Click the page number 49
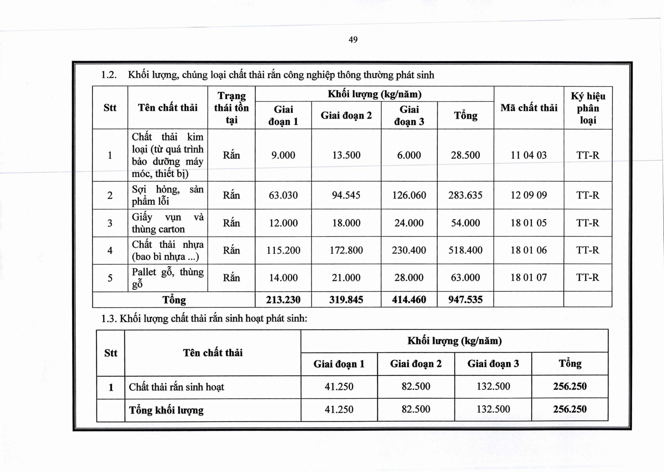(353, 40)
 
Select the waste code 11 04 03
(528, 155)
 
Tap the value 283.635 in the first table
(465, 195)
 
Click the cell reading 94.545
(346, 195)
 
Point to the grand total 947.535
(465, 299)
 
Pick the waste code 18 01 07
(528, 277)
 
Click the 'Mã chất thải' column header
(529, 108)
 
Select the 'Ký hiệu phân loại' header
(588, 108)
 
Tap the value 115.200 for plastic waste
(283, 250)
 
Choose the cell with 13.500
(346, 155)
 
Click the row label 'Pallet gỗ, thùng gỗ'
(167, 278)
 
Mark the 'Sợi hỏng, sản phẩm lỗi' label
(167, 195)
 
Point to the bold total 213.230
(283, 299)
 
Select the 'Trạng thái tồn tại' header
(231, 108)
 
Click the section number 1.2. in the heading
(109, 75)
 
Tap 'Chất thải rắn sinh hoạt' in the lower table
(176, 387)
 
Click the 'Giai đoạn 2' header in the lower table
(416, 364)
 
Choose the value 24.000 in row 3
(409, 223)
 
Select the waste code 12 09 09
(528, 195)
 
